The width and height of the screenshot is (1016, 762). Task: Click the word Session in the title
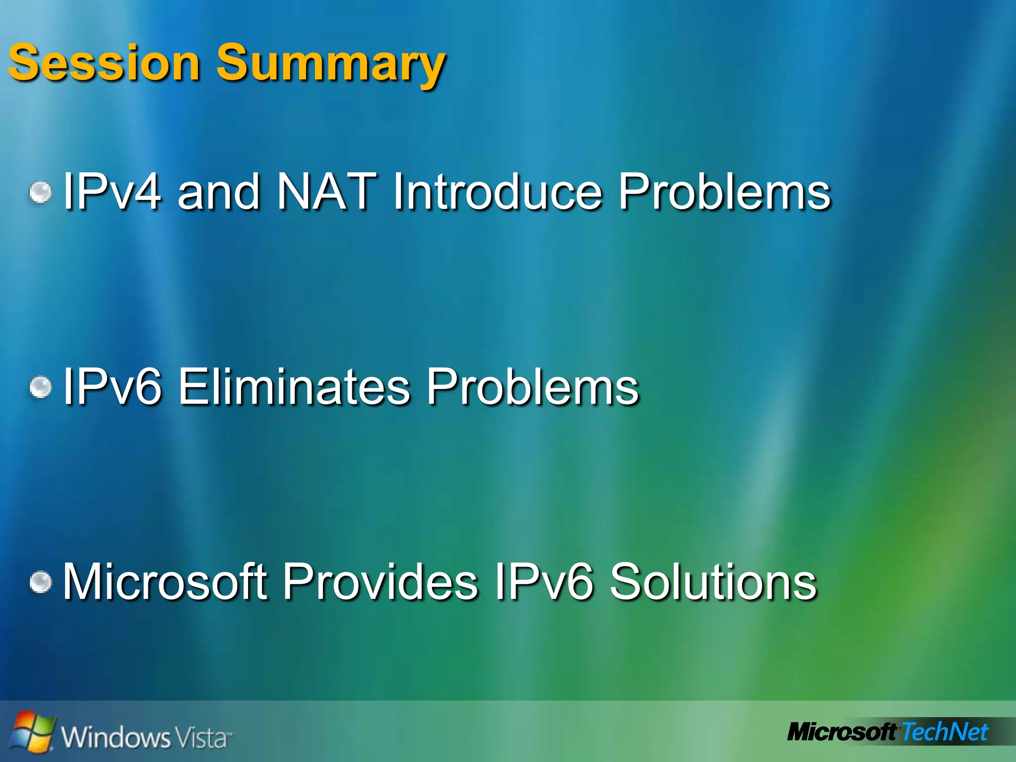coord(104,63)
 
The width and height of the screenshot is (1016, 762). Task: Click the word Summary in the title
coord(331,64)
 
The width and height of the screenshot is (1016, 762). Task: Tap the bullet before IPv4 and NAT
coord(40,192)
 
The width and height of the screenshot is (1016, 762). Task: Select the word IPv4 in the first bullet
coord(112,191)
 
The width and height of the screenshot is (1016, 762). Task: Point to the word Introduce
coord(498,191)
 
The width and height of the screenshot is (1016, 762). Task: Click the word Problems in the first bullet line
coord(724,191)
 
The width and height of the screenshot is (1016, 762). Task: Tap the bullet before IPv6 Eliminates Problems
coord(40,387)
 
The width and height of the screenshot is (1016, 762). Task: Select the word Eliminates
coord(294,386)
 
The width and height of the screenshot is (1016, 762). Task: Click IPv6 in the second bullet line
coord(112,386)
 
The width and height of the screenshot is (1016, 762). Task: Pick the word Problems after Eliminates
coord(533,386)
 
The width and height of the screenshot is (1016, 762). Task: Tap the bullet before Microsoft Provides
coord(40,581)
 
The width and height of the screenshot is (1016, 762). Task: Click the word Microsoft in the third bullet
coord(165,581)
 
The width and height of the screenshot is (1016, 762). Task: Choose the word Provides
coord(380,581)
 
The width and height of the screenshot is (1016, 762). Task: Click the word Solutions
coord(713,581)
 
